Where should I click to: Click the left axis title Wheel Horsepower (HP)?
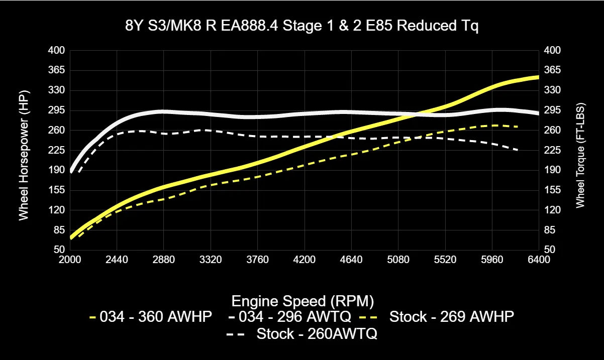click(x=24, y=155)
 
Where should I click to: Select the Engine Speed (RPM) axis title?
click(x=302, y=301)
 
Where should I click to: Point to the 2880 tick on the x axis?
click(x=164, y=260)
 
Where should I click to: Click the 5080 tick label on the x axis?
click(x=398, y=260)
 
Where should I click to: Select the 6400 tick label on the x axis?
click(x=539, y=260)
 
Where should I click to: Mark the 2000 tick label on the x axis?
click(x=70, y=260)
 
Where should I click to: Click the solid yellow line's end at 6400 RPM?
click(x=538, y=77)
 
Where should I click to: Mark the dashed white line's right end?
click(x=518, y=150)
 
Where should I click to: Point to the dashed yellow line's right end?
click(x=518, y=127)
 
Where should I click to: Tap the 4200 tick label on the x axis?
click(x=305, y=260)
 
